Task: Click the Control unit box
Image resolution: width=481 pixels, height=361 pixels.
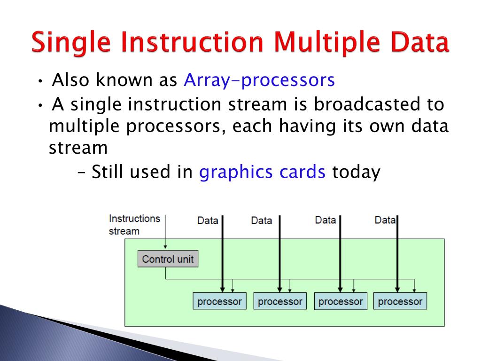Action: [x=168, y=259]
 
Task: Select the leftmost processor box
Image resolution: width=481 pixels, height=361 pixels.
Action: [x=219, y=301]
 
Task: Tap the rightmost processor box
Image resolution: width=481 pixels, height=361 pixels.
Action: [x=400, y=301]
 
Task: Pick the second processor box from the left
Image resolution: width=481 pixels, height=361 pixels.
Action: [x=280, y=301]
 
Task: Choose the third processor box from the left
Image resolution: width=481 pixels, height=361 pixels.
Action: [x=341, y=301]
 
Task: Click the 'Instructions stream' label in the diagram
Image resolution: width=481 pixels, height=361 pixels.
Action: [x=134, y=225]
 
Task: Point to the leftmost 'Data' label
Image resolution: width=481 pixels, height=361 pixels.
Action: [x=208, y=220]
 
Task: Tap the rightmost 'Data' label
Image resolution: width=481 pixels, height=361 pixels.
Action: [x=385, y=220]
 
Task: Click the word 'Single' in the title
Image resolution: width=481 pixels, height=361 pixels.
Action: [x=71, y=42]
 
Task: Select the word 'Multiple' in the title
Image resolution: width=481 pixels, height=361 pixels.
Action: [x=327, y=42]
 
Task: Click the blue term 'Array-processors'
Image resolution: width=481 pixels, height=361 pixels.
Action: [x=259, y=80]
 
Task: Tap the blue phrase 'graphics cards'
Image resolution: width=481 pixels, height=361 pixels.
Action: [x=262, y=172]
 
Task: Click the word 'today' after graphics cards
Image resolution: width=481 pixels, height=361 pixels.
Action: [x=357, y=172]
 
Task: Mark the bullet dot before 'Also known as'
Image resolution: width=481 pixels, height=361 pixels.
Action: [x=40, y=81]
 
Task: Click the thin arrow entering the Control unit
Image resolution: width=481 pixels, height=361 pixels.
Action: [x=165, y=231]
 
